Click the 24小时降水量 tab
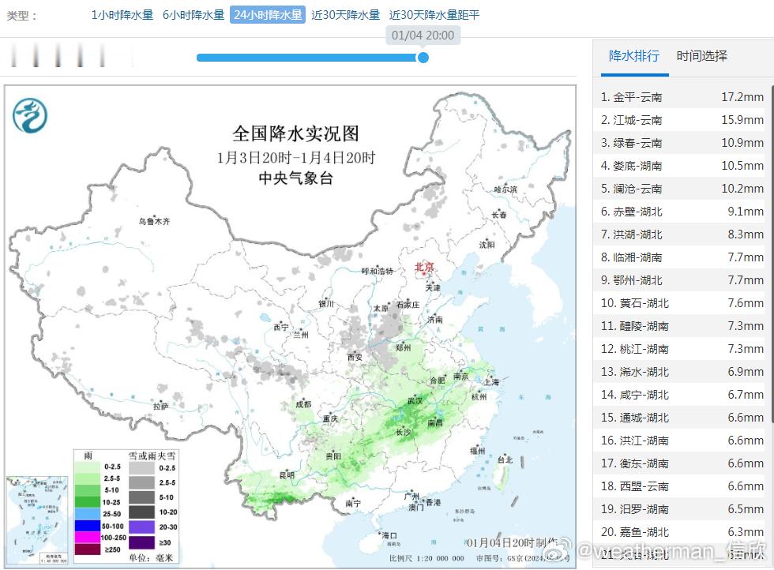267,15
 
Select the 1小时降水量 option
122,15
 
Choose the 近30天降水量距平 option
434,15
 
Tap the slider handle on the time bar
423,57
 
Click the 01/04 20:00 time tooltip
423,36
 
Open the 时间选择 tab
701,56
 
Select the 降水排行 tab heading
633,56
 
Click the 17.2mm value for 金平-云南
742,97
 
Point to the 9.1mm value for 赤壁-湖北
746,212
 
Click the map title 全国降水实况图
295,133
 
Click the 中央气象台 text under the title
295,178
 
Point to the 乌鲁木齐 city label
155,221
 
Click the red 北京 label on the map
424,268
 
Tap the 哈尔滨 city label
505,189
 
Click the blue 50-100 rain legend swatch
88,526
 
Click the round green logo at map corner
30,116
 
